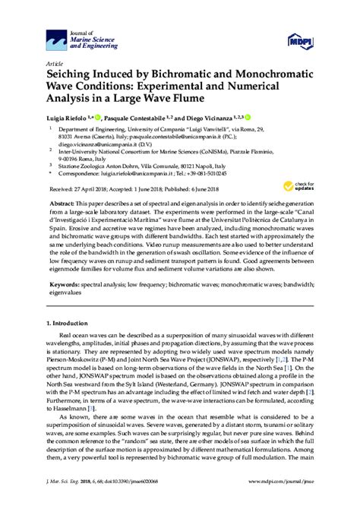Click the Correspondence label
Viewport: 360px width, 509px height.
coord(79,174)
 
